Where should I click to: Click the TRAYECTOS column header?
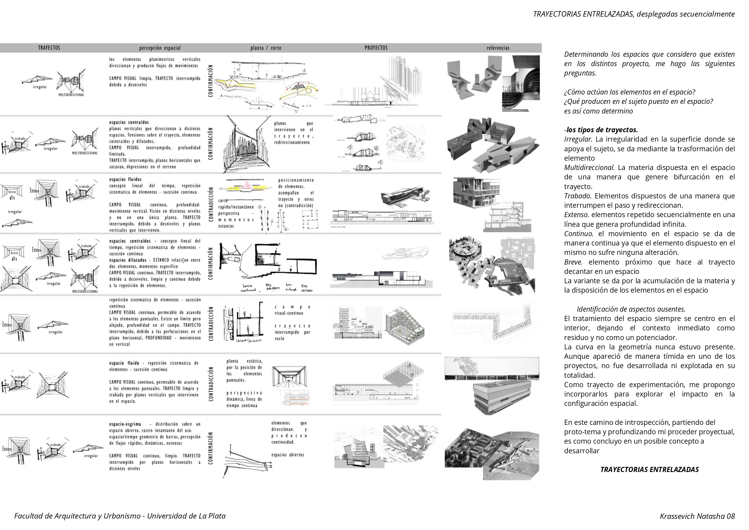(49, 48)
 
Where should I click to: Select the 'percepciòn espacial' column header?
(160, 48)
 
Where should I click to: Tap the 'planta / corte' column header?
(266, 48)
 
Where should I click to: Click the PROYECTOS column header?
(376, 48)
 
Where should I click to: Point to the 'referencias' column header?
(498, 48)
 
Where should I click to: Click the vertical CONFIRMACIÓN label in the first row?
(211, 81)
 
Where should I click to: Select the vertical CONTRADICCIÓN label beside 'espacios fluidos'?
(211, 204)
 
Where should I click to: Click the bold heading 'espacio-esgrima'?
(125, 424)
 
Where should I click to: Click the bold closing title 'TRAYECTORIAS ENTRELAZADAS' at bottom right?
(649, 469)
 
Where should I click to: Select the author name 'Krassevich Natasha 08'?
(697, 516)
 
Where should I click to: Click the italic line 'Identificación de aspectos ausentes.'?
(631, 309)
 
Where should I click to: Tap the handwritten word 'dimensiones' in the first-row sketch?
(232, 96)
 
